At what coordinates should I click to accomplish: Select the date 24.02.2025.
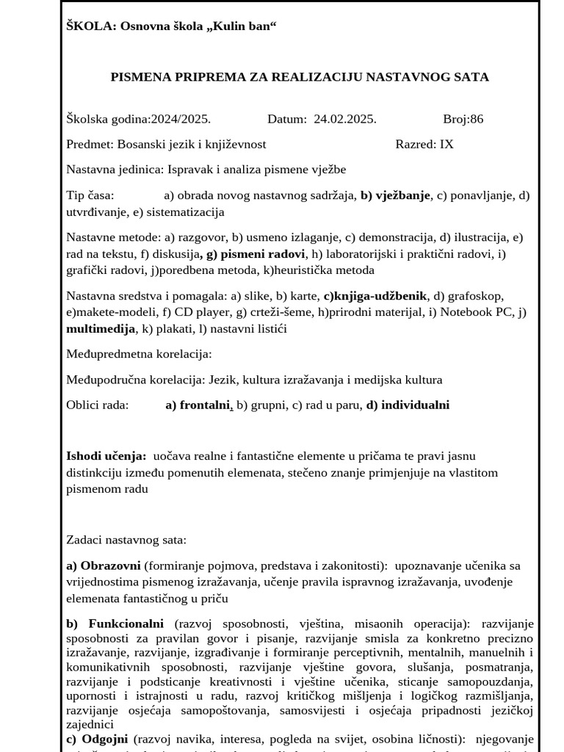pos(345,119)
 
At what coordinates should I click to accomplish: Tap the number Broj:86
pos(463,119)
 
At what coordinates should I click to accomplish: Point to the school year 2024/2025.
pos(181,119)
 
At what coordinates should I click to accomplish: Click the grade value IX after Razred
pos(446,144)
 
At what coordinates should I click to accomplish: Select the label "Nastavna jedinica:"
pos(115,170)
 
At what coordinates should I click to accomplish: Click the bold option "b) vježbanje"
pos(395,195)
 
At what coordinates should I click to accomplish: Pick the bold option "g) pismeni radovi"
pos(256,253)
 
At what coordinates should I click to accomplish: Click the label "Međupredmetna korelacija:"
pos(139,354)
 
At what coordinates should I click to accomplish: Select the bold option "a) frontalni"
pos(198,405)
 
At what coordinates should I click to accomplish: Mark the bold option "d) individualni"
pos(408,405)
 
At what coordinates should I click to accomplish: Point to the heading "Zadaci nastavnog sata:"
pos(126,540)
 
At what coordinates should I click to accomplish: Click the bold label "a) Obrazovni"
pos(104,565)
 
